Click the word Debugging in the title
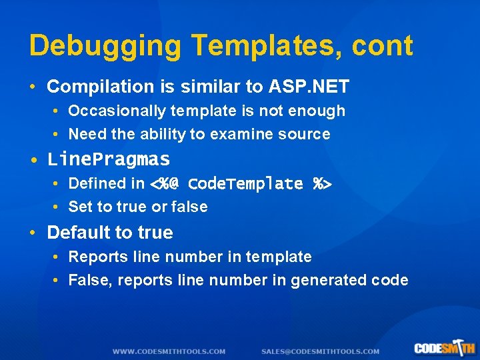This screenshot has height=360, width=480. (x=105, y=47)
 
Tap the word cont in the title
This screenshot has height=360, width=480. (x=385, y=47)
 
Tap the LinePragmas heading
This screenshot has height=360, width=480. (x=109, y=159)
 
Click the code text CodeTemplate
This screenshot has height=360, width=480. (x=245, y=183)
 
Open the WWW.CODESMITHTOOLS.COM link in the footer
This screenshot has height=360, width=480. (x=169, y=351)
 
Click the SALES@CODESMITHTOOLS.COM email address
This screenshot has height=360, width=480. (x=320, y=351)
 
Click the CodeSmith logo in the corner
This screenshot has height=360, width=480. (x=444, y=347)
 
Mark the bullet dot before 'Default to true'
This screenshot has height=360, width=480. (x=33, y=233)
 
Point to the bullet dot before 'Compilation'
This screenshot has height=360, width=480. (x=33, y=87)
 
